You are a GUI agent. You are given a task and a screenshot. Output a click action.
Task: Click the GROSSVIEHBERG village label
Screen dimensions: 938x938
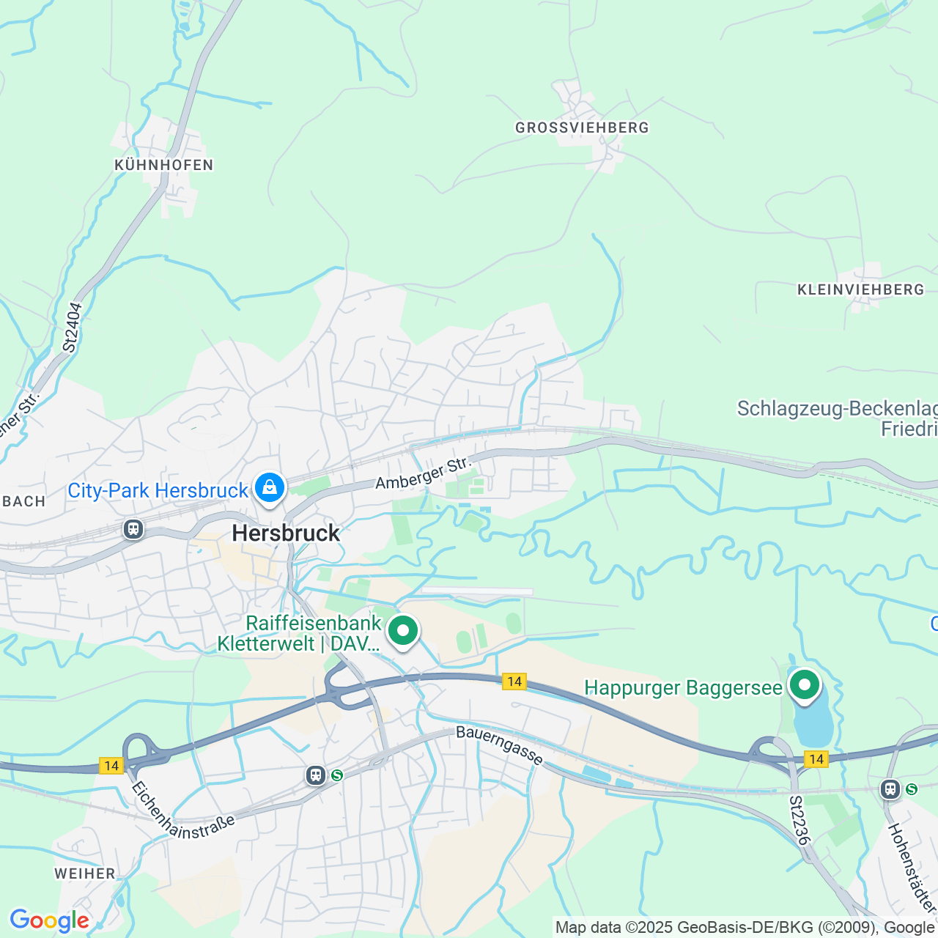(x=582, y=128)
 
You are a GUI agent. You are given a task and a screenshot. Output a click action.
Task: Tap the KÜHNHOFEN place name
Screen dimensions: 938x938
(x=163, y=165)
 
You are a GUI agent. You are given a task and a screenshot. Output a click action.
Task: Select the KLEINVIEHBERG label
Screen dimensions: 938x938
(x=860, y=289)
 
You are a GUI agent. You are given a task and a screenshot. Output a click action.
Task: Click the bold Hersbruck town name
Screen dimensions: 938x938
(x=286, y=533)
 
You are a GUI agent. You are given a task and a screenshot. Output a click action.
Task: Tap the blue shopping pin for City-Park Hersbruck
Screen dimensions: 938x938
(x=270, y=487)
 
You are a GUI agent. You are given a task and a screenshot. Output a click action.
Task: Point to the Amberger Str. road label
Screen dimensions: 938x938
(x=421, y=473)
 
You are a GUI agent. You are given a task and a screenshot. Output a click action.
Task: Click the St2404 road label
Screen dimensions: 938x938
(x=70, y=328)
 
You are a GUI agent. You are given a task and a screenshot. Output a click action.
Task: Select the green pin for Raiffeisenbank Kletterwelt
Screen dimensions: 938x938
(x=402, y=631)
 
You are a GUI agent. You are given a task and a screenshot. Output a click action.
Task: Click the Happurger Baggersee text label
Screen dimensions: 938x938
(x=683, y=687)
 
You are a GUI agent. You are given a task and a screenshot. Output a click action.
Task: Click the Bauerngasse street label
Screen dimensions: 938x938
(x=499, y=745)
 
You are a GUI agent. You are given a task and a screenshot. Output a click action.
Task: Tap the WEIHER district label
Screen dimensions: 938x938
(x=85, y=874)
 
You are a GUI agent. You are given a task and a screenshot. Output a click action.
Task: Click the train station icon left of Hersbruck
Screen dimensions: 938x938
(x=133, y=528)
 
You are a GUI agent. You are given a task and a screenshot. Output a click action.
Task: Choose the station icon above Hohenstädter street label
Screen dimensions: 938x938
(x=890, y=789)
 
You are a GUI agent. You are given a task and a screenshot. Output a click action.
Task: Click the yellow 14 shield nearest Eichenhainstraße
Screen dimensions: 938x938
(x=111, y=766)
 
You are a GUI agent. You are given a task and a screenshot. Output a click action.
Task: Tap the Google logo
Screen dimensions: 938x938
(x=49, y=920)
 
